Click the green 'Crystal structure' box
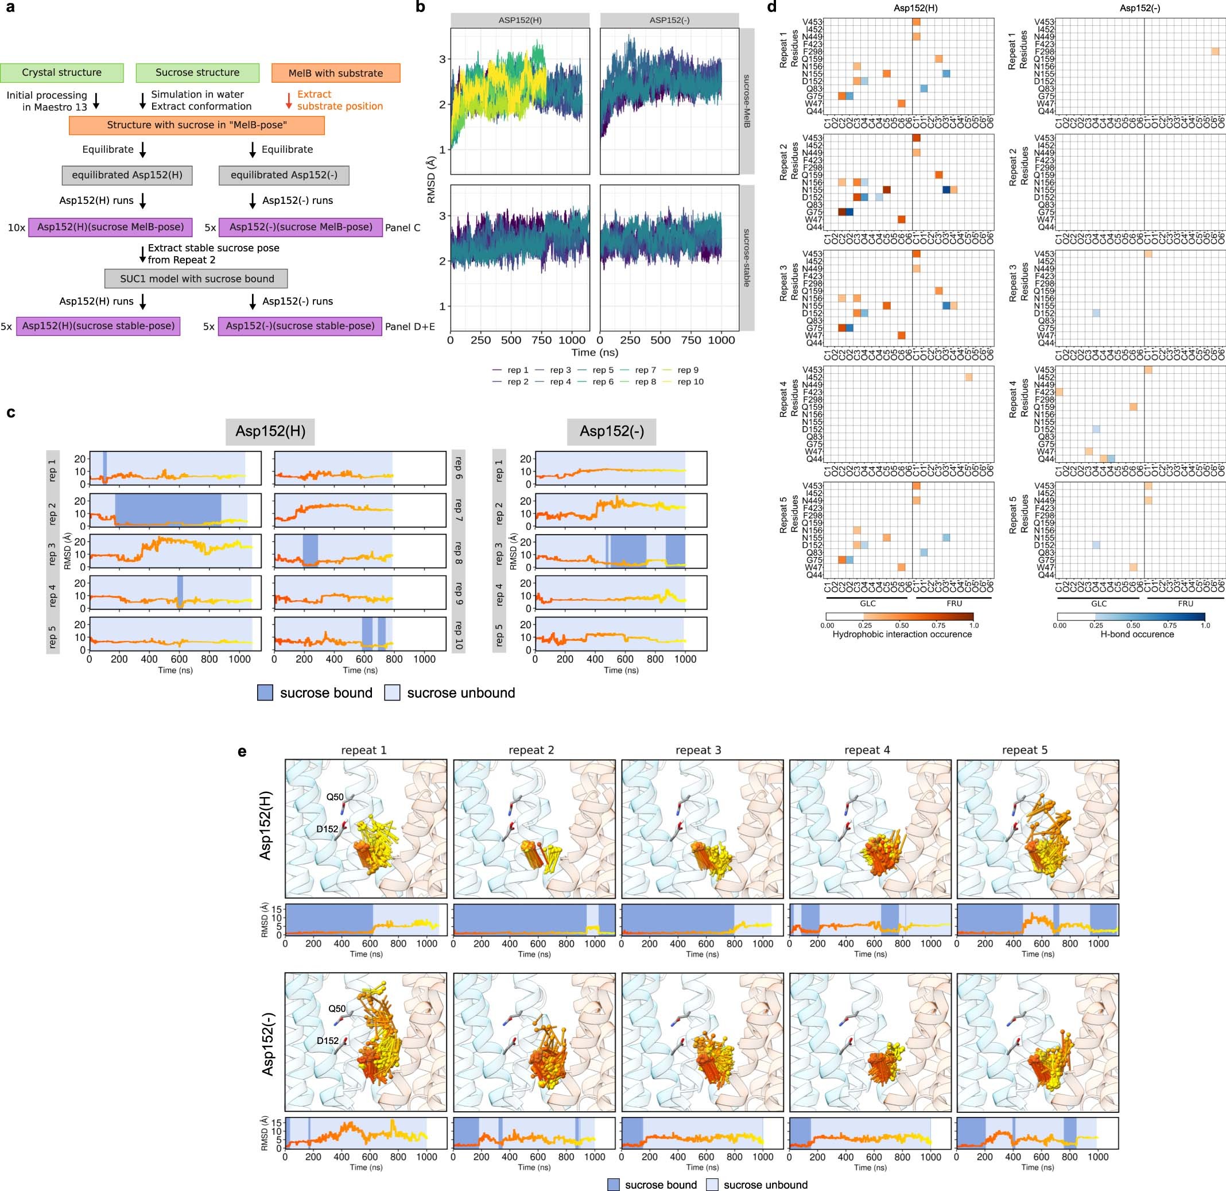(61, 72)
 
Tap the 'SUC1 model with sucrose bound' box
(196, 279)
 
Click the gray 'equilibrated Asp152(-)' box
(284, 175)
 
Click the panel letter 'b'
(420, 7)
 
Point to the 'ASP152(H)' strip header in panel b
(520, 20)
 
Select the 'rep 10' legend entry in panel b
(690, 382)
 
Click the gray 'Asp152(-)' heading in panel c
(611, 431)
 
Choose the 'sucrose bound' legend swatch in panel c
(265, 693)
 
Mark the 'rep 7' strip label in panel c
(459, 510)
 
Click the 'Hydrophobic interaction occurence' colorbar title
(902, 634)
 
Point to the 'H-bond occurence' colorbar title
(1136, 634)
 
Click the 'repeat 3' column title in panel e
(699, 750)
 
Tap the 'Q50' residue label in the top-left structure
(335, 796)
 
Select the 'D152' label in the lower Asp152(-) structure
(327, 1041)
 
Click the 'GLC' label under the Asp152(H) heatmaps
(868, 604)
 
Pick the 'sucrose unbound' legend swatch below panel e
(713, 1185)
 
